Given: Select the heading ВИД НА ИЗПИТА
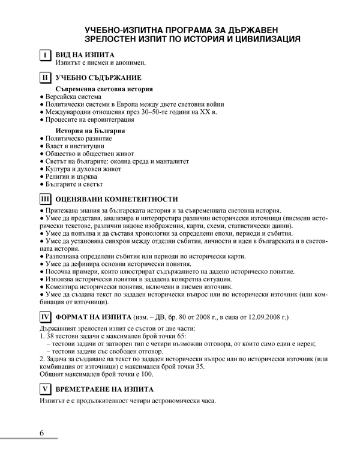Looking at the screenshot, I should click(85, 55).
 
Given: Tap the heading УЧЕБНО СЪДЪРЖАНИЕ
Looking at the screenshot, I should click(98, 77).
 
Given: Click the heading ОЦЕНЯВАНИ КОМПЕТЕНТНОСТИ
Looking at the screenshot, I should click(116, 199).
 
